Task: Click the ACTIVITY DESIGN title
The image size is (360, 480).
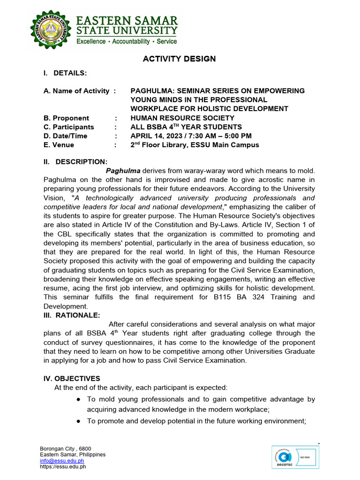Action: (x=179, y=59)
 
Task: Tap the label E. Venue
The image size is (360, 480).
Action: (x=59, y=145)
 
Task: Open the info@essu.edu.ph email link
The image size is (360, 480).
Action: (x=62, y=461)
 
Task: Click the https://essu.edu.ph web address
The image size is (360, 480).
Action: (x=63, y=467)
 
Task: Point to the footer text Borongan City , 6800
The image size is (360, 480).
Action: (x=66, y=449)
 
